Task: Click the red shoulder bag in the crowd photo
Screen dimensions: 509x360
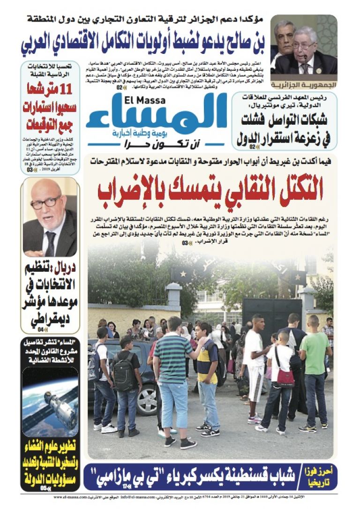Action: pyautogui.click(x=285, y=376)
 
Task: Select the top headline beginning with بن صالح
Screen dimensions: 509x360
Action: pyautogui.click(x=143, y=44)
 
